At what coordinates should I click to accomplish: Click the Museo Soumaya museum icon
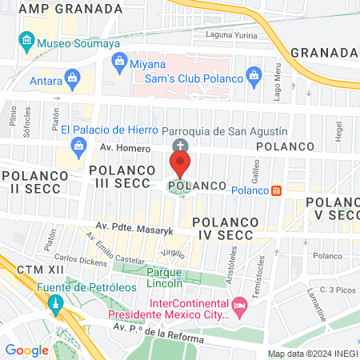pyautogui.click(x=27, y=41)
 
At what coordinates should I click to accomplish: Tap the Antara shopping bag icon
pyautogui.click(x=73, y=78)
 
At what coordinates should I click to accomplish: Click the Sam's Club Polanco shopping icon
pyautogui.click(x=254, y=78)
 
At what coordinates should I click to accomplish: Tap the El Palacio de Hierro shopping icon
pyautogui.click(x=78, y=145)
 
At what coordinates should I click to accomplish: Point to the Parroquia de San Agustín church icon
pyautogui.click(x=180, y=146)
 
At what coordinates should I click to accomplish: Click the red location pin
pyautogui.click(x=180, y=165)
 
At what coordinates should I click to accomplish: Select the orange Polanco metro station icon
pyautogui.click(x=276, y=190)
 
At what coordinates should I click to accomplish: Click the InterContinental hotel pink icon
pyautogui.click(x=238, y=306)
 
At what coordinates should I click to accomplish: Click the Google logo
pyautogui.click(x=26, y=350)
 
